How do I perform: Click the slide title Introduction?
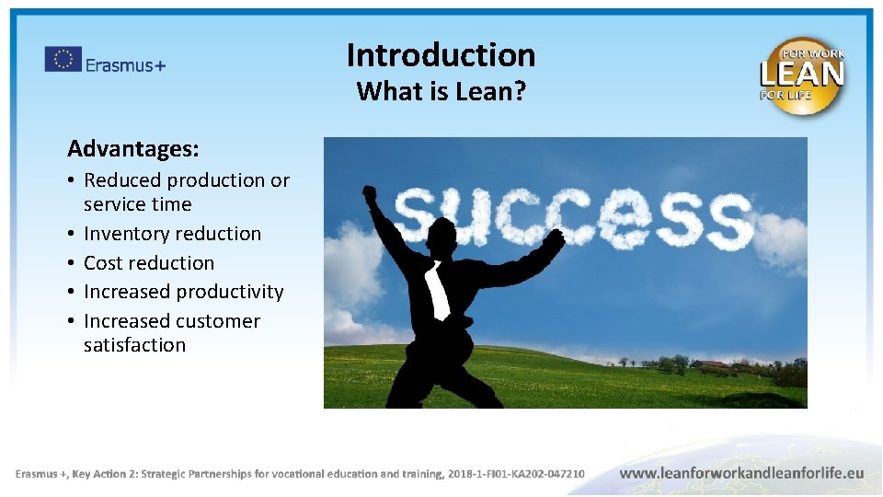coord(441,55)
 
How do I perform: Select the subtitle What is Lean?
coord(441,91)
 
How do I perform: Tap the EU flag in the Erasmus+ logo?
coord(63,60)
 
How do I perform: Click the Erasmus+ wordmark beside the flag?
coord(125,64)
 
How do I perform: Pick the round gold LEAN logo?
coord(801,75)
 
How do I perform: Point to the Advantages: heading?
coord(132,148)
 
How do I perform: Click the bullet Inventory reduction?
coord(172,234)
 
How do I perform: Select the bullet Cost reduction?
coord(148,262)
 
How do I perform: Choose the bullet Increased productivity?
coord(183,292)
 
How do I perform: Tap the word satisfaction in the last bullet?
coord(134,345)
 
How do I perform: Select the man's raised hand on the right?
coord(555,237)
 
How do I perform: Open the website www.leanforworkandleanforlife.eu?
coord(741,473)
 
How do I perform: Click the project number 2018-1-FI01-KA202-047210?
coord(515,474)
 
